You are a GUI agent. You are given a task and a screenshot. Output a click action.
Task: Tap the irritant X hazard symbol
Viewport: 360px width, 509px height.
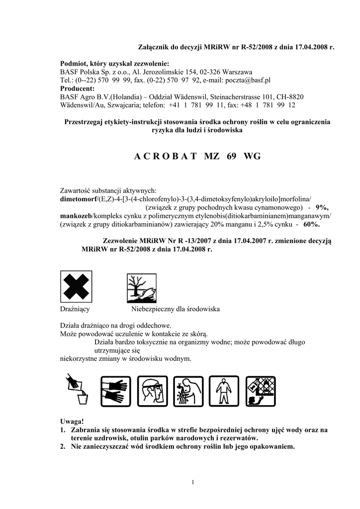click(x=76, y=286)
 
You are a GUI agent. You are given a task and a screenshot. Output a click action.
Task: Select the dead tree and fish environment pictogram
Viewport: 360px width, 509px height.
click(x=142, y=288)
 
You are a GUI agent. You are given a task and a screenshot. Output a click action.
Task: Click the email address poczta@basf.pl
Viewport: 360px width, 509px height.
click(x=248, y=80)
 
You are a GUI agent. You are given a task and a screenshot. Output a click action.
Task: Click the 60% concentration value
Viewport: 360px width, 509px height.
click(x=311, y=224)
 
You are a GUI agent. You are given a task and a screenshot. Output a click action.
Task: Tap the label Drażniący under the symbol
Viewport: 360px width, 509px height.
click(x=75, y=309)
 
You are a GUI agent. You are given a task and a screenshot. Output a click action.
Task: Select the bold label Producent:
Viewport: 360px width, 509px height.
click(x=78, y=88)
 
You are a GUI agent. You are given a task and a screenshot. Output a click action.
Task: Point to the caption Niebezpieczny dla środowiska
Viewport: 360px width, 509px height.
click(x=176, y=309)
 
